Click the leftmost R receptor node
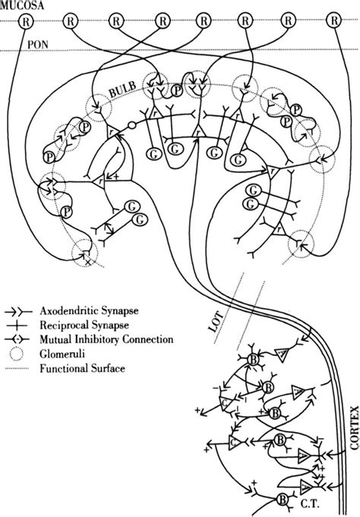(27, 20)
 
